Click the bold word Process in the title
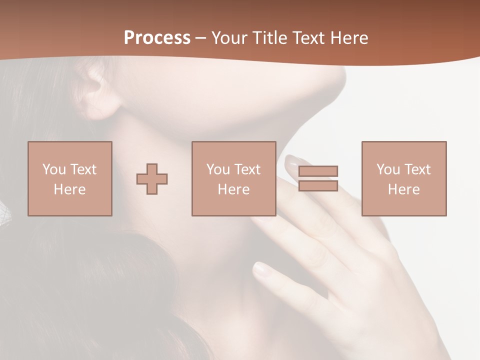coord(157,38)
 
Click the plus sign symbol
coord(152,178)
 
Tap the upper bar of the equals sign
coord(318,171)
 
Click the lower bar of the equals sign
coord(318,185)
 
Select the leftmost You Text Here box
coord(69,178)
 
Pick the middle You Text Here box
coord(233,178)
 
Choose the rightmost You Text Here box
coord(403,178)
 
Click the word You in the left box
coord(54,169)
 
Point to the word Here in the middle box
coord(233,189)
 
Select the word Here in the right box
coord(403,189)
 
